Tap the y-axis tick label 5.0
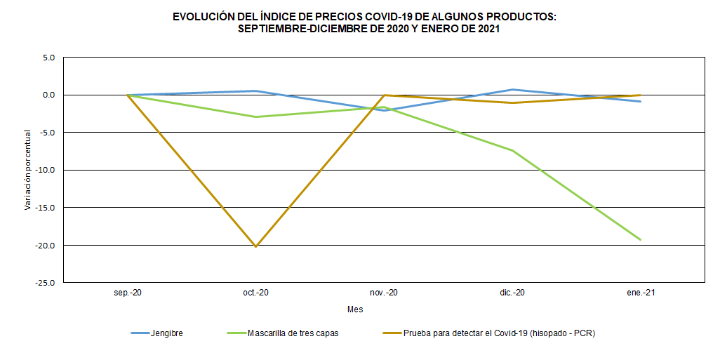coord(48,57)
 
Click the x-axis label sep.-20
coord(128,293)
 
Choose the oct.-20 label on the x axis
coord(255,293)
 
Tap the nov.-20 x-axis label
coord(384,293)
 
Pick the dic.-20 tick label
coord(512,293)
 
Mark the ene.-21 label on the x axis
coord(640,293)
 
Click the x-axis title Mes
coord(355,309)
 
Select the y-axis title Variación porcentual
coord(28,170)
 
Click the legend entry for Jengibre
coord(166,333)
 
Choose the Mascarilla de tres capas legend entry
coord(293,333)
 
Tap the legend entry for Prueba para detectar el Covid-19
coord(499,333)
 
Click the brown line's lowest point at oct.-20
coord(255,246)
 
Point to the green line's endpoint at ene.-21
coord(640,239)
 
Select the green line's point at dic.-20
coord(512,150)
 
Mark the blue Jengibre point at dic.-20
coord(512,90)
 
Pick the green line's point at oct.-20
coord(255,116)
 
